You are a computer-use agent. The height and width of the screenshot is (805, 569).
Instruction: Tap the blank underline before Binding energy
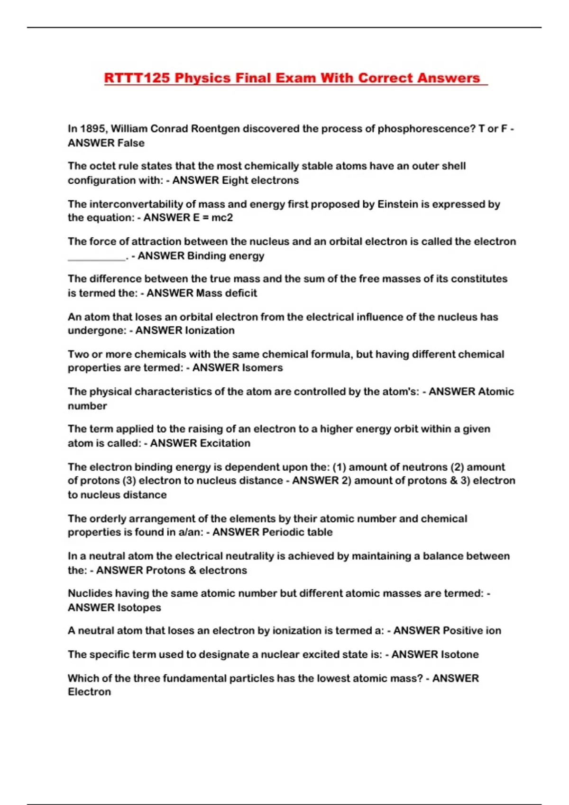[97, 256]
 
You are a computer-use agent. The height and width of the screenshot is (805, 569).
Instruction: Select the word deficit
[241, 293]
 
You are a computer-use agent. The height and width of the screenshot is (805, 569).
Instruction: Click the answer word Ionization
[209, 331]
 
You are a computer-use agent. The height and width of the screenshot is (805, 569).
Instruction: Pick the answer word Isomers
[262, 368]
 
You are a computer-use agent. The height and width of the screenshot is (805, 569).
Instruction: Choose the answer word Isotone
[459, 654]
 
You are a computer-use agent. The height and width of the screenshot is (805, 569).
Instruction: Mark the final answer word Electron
[89, 692]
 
